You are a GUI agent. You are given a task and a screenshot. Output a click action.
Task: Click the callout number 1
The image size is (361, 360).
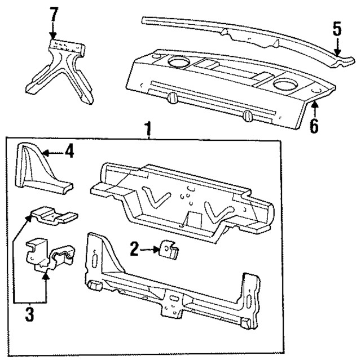click(148, 128)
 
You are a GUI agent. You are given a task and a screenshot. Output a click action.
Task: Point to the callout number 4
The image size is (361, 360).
click(69, 152)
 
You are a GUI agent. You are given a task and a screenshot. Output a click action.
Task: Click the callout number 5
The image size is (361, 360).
click(336, 29)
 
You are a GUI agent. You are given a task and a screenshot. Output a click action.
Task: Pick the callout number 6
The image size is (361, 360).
click(314, 125)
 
